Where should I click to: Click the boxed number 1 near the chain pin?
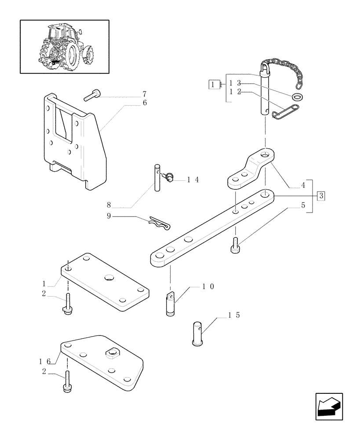click(x=213, y=84)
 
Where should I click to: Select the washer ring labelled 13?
click(x=298, y=97)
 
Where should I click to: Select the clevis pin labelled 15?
click(x=197, y=334)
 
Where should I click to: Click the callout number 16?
click(x=45, y=361)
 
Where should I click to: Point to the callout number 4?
click(x=302, y=186)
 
